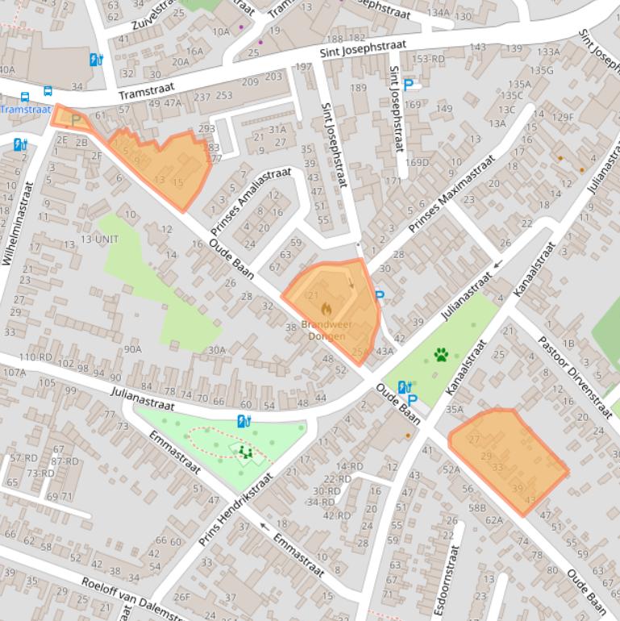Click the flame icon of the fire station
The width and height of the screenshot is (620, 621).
(x=327, y=309)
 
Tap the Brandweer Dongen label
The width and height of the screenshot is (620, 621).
(x=327, y=330)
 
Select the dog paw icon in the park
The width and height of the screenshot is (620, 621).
(x=441, y=354)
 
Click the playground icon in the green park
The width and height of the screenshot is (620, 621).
(x=246, y=452)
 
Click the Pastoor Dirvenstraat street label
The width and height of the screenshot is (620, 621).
(x=575, y=375)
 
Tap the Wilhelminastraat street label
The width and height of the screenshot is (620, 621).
(x=19, y=223)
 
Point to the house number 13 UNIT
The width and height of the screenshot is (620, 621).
(x=99, y=240)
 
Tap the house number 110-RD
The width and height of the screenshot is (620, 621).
(x=35, y=357)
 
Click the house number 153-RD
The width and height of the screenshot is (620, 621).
(x=428, y=59)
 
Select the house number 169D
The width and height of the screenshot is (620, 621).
(x=418, y=163)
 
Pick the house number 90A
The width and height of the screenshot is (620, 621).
(x=132, y=349)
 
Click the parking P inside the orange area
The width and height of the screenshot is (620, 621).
(x=77, y=120)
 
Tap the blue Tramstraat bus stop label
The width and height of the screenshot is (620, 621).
(x=25, y=110)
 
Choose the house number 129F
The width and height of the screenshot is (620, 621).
(x=563, y=117)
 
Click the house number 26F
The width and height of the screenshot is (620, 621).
(x=182, y=597)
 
